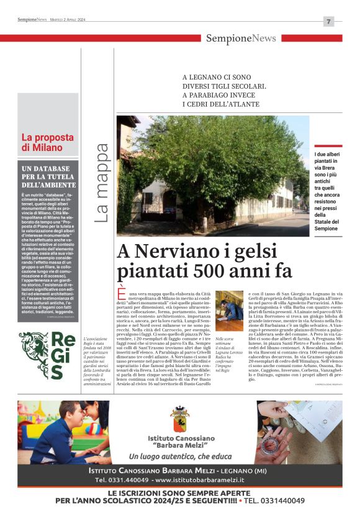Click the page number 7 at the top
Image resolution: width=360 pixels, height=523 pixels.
pos(328,21)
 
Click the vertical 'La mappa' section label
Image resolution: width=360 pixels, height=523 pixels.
pos(102,183)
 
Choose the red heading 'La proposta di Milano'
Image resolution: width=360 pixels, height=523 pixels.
pos(42,143)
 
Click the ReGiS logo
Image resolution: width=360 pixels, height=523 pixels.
pos(49,355)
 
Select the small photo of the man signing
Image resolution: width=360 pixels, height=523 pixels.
pos(230,306)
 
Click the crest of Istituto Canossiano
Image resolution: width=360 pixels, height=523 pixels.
pos(179,417)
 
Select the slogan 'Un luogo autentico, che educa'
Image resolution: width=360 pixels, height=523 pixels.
pos(179,456)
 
